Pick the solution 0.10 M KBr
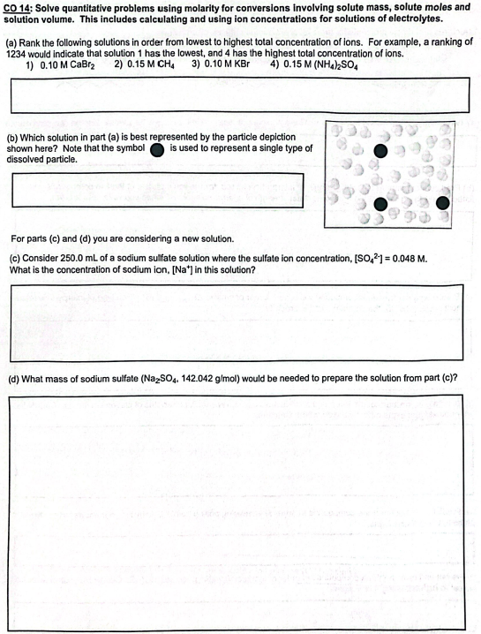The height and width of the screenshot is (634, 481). point(225,64)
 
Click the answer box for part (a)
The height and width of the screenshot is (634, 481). point(239,95)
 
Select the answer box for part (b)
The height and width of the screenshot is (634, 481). point(157,191)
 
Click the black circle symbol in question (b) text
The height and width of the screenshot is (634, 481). point(157,149)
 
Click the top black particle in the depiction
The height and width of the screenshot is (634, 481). point(380,151)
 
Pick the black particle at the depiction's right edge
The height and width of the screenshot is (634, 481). point(443,204)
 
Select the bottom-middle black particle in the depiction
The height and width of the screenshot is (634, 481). point(380,206)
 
